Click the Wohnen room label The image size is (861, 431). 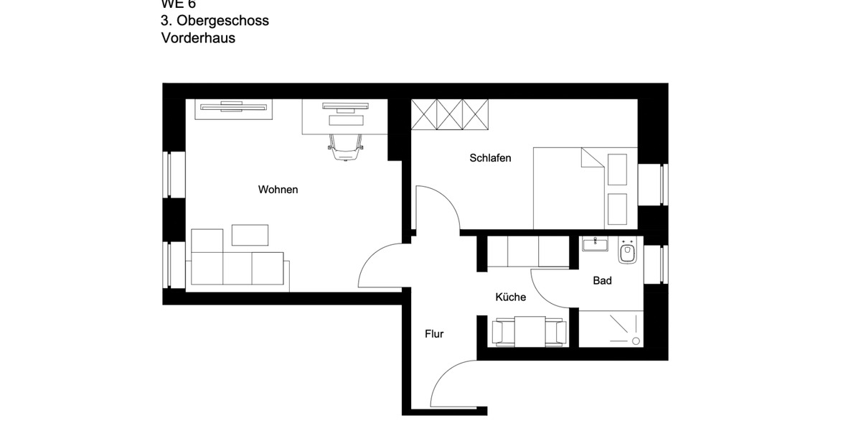point(278,190)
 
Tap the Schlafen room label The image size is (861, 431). point(490,158)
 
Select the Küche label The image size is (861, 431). point(510,297)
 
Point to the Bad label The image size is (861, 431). point(602,281)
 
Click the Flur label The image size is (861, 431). point(434,334)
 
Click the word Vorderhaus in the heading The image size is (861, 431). point(198,38)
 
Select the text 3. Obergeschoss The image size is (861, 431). point(215,20)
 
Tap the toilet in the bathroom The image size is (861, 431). point(627,252)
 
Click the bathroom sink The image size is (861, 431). point(594,245)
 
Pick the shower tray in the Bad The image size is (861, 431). point(611,329)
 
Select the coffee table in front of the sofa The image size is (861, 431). point(250,235)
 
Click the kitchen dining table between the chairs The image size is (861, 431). point(529,331)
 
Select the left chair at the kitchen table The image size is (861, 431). point(502,333)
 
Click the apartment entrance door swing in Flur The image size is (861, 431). point(452,384)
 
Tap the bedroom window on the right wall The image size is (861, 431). point(654,185)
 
